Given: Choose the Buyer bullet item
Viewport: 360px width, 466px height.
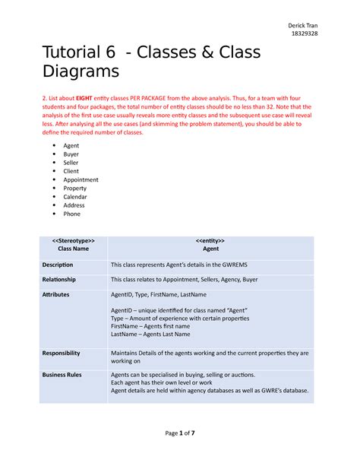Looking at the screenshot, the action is pyautogui.click(x=71, y=154).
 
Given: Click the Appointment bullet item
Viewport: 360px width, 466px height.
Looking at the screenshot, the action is pyautogui.click(x=81, y=179).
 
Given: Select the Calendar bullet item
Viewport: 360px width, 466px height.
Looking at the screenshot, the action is pyautogui.click(x=74, y=196).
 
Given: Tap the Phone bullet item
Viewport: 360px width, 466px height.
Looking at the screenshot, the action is pyautogui.click(x=72, y=214).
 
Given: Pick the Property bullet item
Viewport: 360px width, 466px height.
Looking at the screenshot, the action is pyautogui.click(x=75, y=188).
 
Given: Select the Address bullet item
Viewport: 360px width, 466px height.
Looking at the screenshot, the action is pyautogui.click(x=74, y=205).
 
